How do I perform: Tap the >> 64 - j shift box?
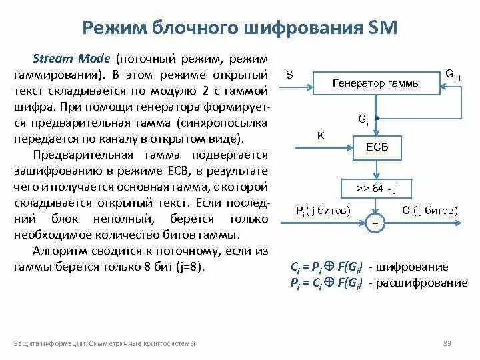click(x=376, y=188)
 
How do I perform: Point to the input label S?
click(x=289, y=75)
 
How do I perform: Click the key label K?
click(x=320, y=135)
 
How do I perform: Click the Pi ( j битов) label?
click(x=323, y=211)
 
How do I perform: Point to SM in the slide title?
click(x=382, y=27)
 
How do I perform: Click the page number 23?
click(x=447, y=343)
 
